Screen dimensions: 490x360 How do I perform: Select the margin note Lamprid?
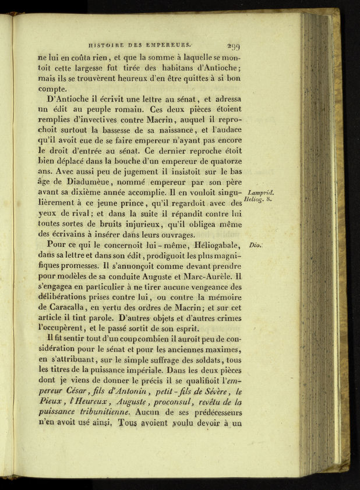(260, 193)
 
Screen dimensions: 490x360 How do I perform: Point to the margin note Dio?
(255, 245)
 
